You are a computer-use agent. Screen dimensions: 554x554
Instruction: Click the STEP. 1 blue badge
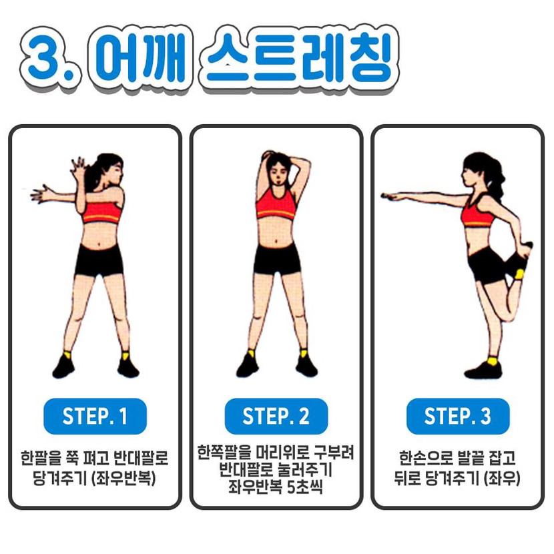click(x=95, y=416)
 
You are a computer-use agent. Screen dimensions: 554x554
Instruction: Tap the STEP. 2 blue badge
click(x=276, y=416)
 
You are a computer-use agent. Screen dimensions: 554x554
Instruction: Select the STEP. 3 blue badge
click(x=458, y=416)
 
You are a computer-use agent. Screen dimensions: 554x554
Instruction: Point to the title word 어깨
click(x=140, y=58)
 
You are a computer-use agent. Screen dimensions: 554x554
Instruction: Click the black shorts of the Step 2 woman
click(x=278, y=258)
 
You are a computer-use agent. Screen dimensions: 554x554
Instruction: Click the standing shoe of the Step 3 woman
click(x=483, y=368)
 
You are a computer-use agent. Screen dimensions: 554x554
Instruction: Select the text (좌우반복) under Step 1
click(x=123, y=479)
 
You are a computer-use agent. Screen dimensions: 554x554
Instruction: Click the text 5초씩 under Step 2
click(x=305, y=487)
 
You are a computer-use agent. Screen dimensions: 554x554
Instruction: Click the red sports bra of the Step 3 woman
click(x=477, y=214)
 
